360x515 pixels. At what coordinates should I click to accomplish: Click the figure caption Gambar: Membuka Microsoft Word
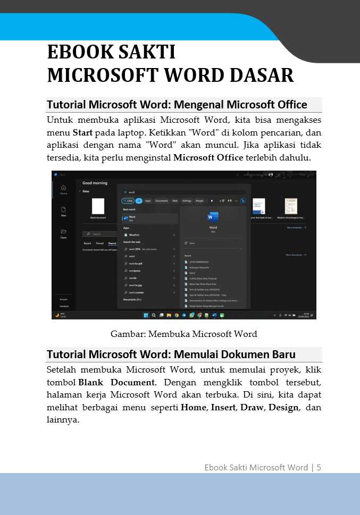(x=183, y=334)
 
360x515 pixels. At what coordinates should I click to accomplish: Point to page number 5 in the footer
(x=319, y=467)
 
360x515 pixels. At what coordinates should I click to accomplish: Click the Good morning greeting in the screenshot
(x=95, y=183)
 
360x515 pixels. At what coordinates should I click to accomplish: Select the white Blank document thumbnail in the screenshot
(x=98, y=206)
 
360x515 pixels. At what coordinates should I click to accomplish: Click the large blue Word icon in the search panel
(x=213, y=216)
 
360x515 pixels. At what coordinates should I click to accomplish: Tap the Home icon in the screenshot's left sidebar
(x=63, y=188)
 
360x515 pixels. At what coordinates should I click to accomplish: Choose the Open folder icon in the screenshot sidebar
(x=63, y=232)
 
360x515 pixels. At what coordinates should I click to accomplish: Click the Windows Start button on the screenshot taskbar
(x=146, y=315)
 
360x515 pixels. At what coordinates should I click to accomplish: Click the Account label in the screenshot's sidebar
(x=63, y=299)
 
